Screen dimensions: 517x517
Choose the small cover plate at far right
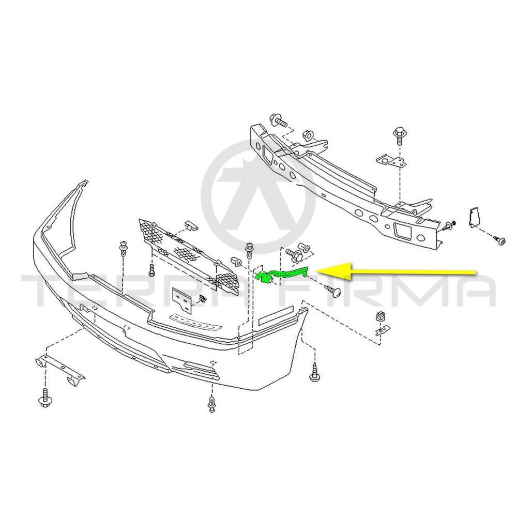474,217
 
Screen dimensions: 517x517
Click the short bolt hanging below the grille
151,270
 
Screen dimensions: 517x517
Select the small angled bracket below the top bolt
389,162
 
